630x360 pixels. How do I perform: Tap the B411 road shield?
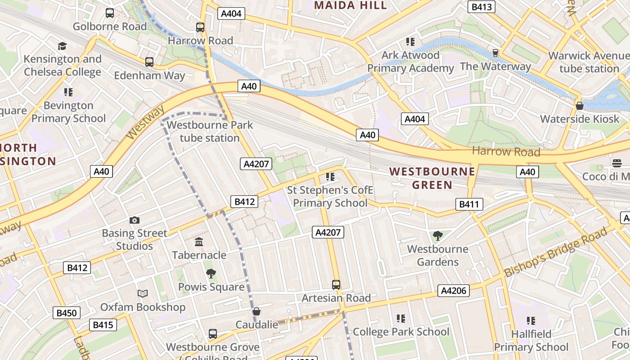coord(469,204)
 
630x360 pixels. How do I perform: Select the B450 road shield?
coord(66,313)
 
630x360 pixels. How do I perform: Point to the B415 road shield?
coord(103,324)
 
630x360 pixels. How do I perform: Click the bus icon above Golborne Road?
coord(110,13)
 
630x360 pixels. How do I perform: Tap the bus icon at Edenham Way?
coord(149,62)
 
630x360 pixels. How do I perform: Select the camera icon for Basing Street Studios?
coord(134,220)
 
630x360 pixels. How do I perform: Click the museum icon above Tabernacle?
coord(199,242)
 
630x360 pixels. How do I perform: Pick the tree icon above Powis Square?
coord(211,274)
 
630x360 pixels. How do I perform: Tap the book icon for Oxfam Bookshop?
coord(143,293)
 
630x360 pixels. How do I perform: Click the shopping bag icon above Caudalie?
coord(256,311)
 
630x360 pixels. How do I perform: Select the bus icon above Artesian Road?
coord(336,284)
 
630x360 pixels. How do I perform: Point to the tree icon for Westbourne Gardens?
coord(437,235)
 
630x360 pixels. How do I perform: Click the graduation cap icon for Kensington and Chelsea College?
coord(62,46)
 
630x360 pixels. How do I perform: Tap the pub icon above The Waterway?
coord(495,53)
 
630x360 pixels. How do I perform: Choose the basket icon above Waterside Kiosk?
coord(580,106)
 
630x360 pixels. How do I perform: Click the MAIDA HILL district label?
coord(351,5)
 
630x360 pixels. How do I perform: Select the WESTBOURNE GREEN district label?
coord(432,178)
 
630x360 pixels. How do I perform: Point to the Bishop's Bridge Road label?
coord(555,252)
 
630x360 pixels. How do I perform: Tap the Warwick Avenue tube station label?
coord(589,63)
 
